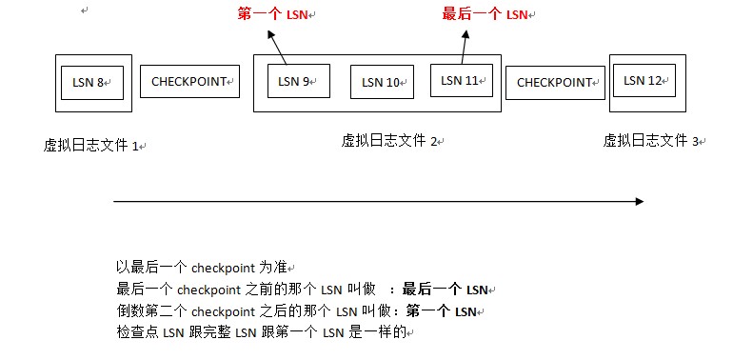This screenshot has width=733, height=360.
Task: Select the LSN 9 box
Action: pos(298,81)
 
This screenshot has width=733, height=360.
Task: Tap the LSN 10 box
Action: pos(382,82)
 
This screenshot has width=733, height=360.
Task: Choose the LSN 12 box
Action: pos(644,80)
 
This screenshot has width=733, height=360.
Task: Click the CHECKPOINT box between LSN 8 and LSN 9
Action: pos(189,82)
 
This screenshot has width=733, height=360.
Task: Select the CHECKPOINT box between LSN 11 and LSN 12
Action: pos(555,82)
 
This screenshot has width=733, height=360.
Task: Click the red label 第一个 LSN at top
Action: pos(275,14)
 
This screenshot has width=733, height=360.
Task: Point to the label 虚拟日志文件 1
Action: pos(91,146)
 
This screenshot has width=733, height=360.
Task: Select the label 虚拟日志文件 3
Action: pos(651,141)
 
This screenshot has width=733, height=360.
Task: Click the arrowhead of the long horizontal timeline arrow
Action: pos(640,201)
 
